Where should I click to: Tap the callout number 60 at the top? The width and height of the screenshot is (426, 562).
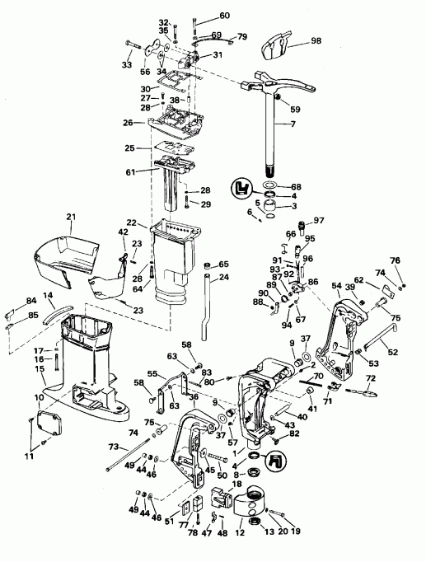tap(225, 16)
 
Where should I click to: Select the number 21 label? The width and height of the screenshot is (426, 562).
tap(71, 217)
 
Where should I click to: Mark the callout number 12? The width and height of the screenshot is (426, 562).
tap(241, 533)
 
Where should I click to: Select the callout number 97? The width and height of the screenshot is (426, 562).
tap(319, 220)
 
